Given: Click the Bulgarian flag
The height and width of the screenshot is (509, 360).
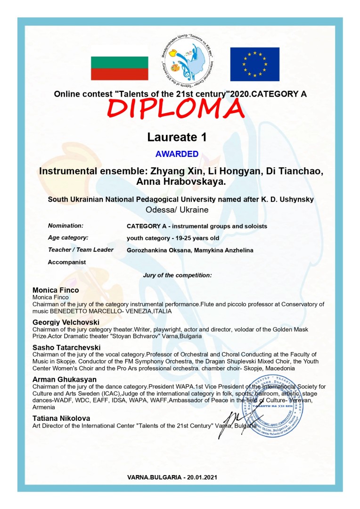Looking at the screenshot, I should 119,68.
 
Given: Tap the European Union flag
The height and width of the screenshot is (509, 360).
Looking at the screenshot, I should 254,65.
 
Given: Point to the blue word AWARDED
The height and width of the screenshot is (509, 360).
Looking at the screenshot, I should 177,154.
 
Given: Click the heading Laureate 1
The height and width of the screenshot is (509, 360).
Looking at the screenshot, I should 177,137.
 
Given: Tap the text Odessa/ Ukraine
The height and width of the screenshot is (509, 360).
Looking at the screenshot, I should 177,210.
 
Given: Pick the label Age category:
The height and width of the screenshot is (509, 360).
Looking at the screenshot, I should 68,238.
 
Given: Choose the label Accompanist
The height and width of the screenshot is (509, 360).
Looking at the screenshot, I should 67,262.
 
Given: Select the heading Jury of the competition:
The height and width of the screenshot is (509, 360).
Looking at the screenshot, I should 177,274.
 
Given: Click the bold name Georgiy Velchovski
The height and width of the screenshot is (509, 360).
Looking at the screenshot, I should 66,321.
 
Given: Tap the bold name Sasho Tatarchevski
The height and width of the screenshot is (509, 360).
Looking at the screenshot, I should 66,347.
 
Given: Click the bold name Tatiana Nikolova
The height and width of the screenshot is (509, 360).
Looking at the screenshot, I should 61,418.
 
